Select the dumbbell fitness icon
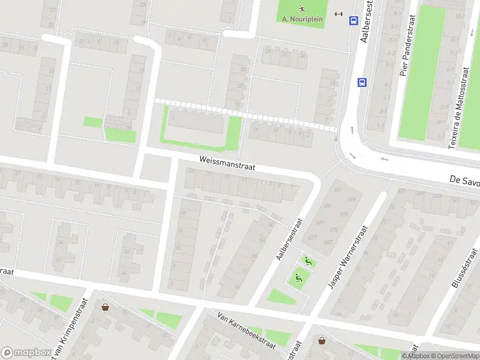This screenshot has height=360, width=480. click(338, 16)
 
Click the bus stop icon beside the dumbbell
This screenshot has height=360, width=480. click(353, 20)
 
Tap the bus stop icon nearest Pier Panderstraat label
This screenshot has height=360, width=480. click(362, 82)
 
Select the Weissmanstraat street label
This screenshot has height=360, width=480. click(227, 164)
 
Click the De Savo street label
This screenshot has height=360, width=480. click(464, 180)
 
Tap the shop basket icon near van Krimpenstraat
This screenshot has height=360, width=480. click(106, 307)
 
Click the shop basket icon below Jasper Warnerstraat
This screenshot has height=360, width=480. click(322, 341)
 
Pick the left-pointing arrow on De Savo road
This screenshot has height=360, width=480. click(385, 160)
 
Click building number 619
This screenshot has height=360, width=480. click(351, 199)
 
